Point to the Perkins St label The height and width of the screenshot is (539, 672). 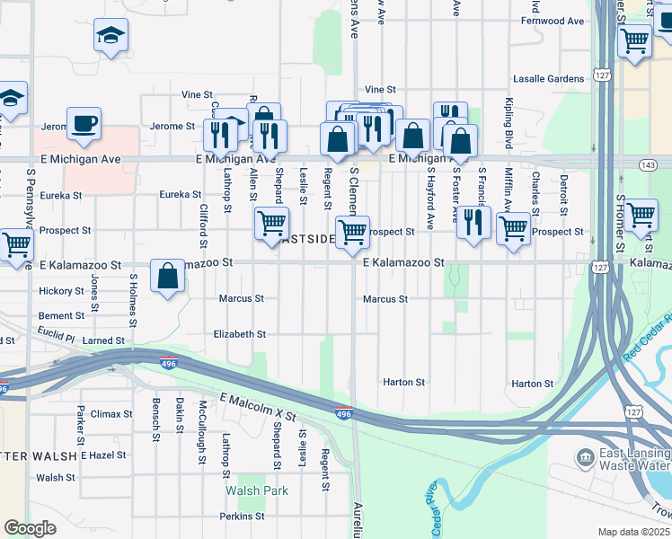243,517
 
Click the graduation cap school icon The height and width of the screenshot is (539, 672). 111,36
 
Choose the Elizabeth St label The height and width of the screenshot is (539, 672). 240,333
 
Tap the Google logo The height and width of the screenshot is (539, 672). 30,528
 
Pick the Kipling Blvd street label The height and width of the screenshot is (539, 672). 508,124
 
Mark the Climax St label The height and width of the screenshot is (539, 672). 111,414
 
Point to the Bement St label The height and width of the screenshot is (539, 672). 61,316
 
